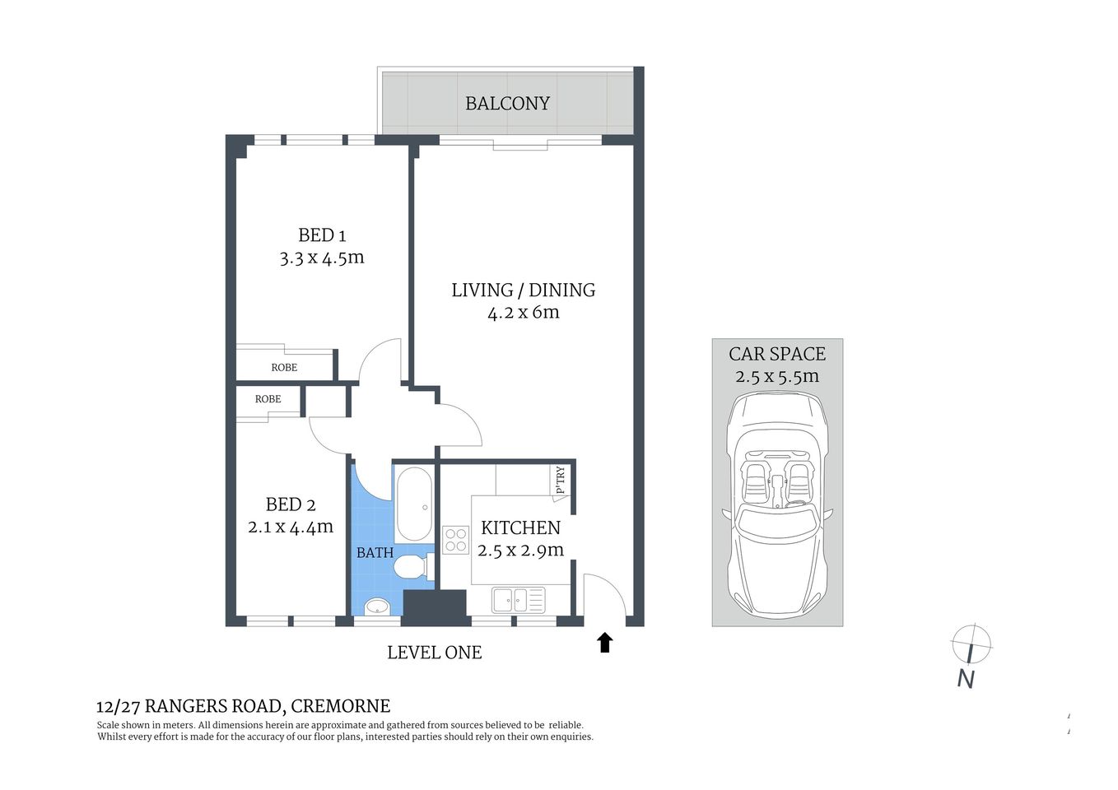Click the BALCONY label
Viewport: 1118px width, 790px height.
pos(507,104)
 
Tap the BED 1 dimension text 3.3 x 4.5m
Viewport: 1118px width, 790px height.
pos(321,258)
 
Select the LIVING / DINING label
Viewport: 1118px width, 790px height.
pos(523,290)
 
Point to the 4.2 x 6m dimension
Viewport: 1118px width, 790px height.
pos(523,313)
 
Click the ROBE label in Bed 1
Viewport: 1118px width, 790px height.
pos(284,367)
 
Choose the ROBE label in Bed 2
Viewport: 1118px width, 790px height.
pos(268,399)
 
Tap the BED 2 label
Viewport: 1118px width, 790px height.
pos(290,504)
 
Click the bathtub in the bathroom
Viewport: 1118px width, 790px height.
pos(413,503)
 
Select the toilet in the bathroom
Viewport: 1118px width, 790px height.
pos(409,568)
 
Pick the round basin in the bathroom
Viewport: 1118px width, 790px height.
pos(376,607)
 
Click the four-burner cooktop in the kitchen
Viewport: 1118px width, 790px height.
pos(456,540)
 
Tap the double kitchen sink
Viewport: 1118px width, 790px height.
pos(518,600)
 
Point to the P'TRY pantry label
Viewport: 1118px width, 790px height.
pos(561,480)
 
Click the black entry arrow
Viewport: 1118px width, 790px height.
pos(605,642)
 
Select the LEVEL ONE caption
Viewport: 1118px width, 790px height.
pos(434,653)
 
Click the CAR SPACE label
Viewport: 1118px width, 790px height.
pos(776,354)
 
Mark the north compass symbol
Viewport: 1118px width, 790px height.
pos(971,644)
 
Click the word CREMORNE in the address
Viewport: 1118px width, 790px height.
pos(341,706)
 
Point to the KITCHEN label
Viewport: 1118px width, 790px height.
pos(520,527)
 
